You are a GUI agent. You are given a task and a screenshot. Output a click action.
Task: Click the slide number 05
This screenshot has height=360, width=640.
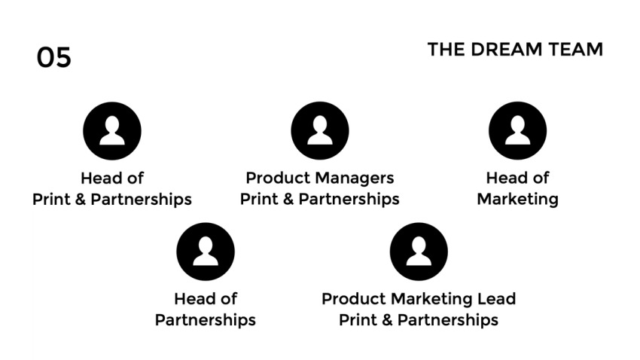pos(53,57)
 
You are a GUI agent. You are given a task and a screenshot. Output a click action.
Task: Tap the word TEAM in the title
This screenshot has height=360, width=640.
pos(577,50)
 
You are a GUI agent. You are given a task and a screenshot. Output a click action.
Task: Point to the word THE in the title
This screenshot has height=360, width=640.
pos(446,50)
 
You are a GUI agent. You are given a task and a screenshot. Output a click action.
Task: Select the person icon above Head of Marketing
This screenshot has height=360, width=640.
pos(517,130)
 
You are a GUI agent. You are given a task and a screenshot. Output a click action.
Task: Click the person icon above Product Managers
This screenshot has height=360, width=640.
pos(319,130)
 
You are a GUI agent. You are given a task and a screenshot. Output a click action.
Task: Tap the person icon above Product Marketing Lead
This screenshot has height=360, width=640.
pos(418,252)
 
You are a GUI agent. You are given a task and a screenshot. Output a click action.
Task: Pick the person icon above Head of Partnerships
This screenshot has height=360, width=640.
pos(205,252)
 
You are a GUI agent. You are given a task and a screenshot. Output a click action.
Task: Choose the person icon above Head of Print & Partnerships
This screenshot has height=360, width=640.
pos(111,130)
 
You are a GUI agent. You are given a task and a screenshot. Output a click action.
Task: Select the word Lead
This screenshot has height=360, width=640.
pos(497,299)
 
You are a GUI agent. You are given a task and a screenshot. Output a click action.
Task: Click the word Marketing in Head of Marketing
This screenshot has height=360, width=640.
pos(517,200)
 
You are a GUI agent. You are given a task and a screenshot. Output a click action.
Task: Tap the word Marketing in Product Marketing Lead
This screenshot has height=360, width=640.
pos(425,299)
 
